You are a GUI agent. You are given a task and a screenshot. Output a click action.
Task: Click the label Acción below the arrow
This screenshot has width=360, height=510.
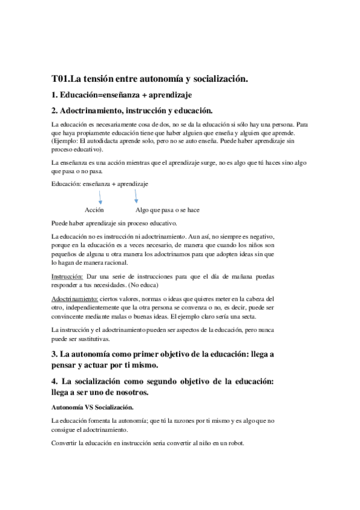point(94,210)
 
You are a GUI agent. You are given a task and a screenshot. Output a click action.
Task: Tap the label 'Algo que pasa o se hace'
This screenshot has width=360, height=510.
point(168,210)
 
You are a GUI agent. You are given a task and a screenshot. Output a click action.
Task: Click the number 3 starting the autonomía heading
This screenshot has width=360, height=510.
point(54,355)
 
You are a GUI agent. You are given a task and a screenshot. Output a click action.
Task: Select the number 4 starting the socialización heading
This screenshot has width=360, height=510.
point(54,382)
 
